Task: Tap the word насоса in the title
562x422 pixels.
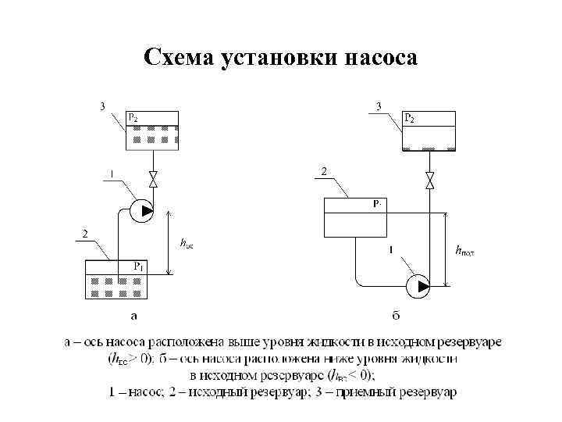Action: coord(379,59)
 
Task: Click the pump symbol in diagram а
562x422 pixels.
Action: coord(140,211)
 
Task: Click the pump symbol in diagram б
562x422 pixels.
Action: coord(418,285)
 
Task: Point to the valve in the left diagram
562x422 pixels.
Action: coord(153,179)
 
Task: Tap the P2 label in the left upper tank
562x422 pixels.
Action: coord(134,118)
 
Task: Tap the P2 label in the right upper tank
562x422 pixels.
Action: coord(409,118)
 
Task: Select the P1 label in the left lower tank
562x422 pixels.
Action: coord(137,266)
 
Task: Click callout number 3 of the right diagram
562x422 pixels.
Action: coord(379,105)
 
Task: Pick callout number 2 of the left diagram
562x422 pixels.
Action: coord(84,233)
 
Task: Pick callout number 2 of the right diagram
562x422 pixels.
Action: coord(324,170)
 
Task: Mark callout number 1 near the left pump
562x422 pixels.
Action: coord(111,173)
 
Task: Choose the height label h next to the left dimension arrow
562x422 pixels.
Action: coord(186,245)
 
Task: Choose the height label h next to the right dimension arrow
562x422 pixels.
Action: coord(464,251)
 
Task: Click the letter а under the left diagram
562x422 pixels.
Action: coord(133,316)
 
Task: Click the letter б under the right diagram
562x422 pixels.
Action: coord(396,316)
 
